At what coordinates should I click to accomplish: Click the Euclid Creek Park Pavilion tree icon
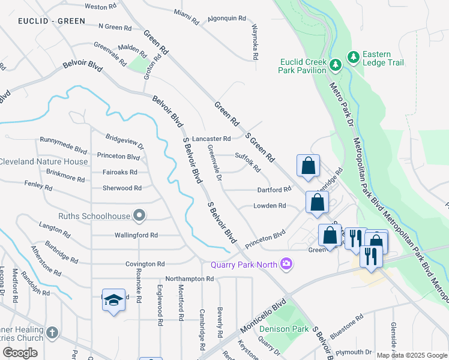[x=336, y=62]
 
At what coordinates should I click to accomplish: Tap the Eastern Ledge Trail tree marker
[x=354, y=57]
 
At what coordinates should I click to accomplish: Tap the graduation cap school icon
[x=113, y=299]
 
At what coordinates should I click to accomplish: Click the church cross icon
[x=52, y=332]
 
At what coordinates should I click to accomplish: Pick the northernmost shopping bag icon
[x=308, y=166]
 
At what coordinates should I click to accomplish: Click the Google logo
[x=20, y=353]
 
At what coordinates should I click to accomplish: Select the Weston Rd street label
[x=100, y=7]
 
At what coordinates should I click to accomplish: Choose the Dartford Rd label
[x=274, y=190]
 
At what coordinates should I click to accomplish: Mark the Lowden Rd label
[x=269, y=206]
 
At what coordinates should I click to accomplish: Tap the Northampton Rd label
[x=189, y=279]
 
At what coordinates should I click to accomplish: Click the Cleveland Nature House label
[x=44, y=161]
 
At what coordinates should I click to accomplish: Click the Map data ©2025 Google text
[x=412, y=355]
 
